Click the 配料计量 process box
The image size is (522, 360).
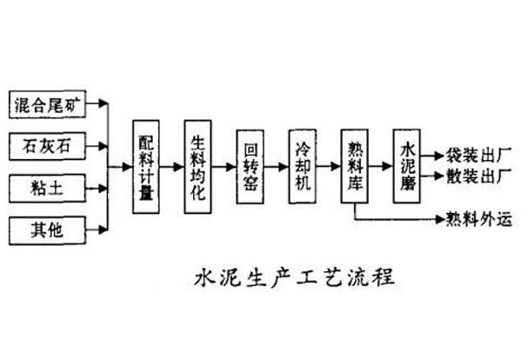(146, 165)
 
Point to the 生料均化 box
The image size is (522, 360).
(198, 165)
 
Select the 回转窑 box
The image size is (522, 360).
(251, 165)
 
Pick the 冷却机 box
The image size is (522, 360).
(303, 165)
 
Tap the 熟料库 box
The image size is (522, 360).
(355, 165)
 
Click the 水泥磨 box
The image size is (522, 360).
(407, 165)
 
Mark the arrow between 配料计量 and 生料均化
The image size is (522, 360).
(172, 165)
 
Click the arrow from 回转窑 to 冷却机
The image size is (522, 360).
(277, 165)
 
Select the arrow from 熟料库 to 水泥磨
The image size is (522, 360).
(381, 165)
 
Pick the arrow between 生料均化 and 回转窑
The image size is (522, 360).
(224, 165)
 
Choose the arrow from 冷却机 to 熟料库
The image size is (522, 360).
(329, 165)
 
